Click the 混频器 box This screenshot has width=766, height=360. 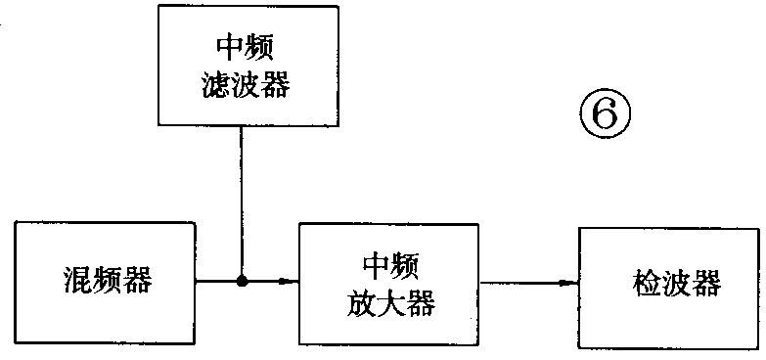coord(105,282)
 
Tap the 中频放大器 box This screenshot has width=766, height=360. coord(390,282)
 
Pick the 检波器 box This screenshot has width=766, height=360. coord(669,284)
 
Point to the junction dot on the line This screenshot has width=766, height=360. coord(241,282)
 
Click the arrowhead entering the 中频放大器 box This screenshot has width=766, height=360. coord(291,282)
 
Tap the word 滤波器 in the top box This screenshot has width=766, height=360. coord(239,86)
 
